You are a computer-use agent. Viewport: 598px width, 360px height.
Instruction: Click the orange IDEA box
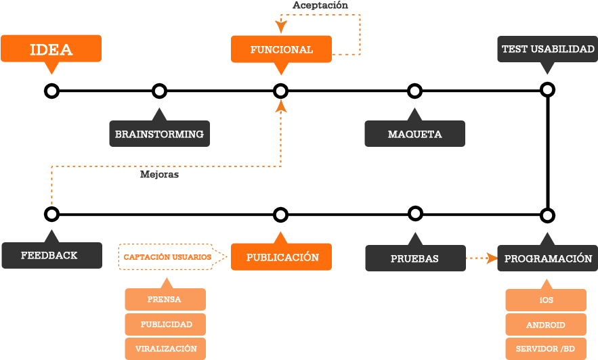click(51, 49)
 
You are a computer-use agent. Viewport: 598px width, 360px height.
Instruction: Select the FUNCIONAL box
click(281, 49)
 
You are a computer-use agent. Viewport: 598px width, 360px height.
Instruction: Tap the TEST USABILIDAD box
click(547, 49)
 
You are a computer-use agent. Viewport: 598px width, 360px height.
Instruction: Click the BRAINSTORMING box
click(159, 134)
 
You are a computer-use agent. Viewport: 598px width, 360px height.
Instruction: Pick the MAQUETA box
click(414, 134)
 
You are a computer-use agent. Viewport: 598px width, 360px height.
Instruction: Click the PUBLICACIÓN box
click(281, 257)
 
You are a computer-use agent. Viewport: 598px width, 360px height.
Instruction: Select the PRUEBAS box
click(414, 258)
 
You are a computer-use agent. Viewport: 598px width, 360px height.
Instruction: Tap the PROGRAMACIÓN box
click(547, 258)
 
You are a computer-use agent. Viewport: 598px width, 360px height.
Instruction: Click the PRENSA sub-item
click(165, 300)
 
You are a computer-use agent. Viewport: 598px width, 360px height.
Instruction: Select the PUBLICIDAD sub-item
click(165, 324)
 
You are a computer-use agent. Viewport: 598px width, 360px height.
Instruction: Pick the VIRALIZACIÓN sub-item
click(165, 348)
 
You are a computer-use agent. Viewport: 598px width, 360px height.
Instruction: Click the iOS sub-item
click(546, 300)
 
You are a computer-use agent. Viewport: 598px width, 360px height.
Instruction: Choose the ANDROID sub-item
click(546, 325)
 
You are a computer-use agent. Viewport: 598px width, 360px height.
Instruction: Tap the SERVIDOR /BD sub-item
click(546, 348)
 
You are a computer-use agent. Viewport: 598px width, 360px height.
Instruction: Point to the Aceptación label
click(320, 5)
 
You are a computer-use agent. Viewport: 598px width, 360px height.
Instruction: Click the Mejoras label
click(159, 175)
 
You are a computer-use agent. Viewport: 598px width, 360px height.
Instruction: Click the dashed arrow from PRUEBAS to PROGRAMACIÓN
click(482, 258)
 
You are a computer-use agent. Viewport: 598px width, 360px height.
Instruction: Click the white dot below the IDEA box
click(51, 91)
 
